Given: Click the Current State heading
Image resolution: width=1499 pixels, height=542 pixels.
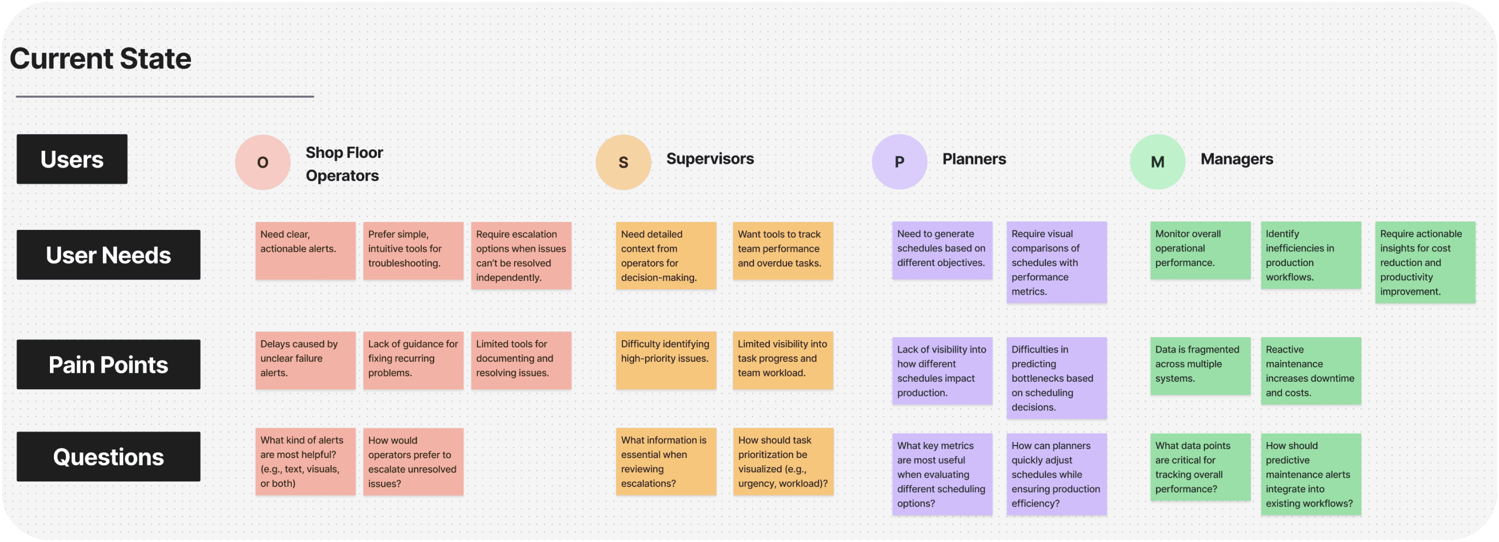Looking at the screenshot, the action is click(100, 59).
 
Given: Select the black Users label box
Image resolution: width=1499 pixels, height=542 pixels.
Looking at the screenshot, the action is click(72, 159).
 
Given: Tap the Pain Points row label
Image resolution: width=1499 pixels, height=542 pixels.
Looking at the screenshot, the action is click(108, 364).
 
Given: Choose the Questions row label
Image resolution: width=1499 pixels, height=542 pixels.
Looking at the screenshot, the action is click(108, 456).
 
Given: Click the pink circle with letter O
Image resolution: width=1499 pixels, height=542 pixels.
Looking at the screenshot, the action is click(262, 162).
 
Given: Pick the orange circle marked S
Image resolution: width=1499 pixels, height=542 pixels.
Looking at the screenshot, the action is click(623, 162).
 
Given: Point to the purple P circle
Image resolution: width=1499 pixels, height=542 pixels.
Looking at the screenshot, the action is click(899, 162).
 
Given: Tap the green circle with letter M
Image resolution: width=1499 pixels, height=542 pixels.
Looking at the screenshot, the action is click(1157, 162).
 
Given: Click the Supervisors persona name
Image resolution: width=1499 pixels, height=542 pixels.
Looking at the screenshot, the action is click(710, 159).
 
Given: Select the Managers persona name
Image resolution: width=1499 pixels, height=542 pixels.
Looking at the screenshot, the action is click(1237, 159).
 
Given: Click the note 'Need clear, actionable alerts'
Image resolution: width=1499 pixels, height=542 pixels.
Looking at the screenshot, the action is click(305, 251).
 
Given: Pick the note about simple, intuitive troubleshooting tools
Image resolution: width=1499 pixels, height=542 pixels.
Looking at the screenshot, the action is click(413, 251).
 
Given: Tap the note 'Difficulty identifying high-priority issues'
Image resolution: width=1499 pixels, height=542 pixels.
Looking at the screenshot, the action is click(666, 360).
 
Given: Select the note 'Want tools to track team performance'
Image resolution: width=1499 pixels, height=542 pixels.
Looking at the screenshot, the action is click(783, 251).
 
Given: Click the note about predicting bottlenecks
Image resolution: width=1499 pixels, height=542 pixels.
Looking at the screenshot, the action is click(1056, 378).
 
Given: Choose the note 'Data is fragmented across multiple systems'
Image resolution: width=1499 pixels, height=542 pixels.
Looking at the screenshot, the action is click(1200, 366).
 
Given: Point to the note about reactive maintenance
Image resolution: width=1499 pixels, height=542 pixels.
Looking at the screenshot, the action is click(1310, 371).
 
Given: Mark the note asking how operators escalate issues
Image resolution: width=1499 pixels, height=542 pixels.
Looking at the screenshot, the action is click(413, 462).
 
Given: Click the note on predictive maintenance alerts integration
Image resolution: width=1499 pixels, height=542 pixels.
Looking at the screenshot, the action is click(1310, 474).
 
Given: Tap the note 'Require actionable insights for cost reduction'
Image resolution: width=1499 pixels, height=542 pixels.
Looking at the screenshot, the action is click(1425, 262).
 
